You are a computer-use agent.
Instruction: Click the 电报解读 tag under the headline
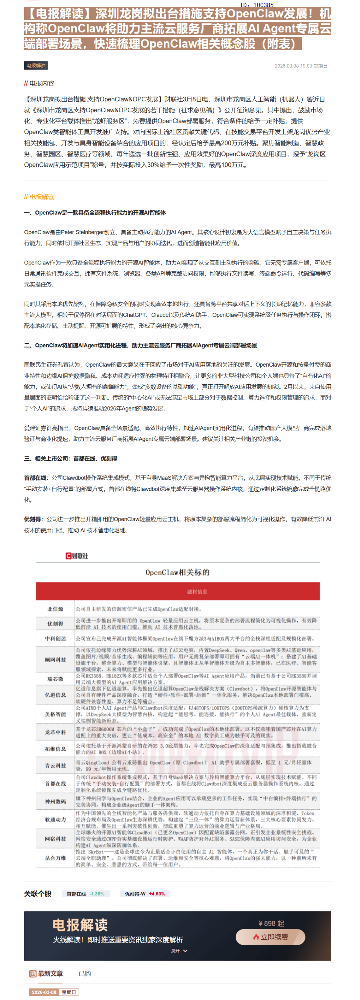[x=36, y=66]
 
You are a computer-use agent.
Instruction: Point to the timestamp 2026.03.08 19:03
[x=301, y=66]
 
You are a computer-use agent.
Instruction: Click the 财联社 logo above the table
[x=77, y=556]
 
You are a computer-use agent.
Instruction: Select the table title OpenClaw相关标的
[x=178, y=572]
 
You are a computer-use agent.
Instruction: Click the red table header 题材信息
[x=197, y=592]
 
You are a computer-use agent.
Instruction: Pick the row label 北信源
[x=55, y=609]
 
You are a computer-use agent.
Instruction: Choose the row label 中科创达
[x=55, y=639]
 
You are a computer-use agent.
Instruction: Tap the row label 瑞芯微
[x=55, y=679]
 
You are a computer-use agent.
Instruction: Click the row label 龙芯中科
[x=55, y=732]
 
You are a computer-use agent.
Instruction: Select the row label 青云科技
[x=55, y=766]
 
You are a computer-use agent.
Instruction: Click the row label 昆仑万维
[x=55, y=858]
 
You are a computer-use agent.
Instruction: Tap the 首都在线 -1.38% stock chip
[x=85, y=894]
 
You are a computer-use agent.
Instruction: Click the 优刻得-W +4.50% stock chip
[x=145, y=894]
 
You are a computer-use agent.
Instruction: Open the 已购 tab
[x=85, y=974]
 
